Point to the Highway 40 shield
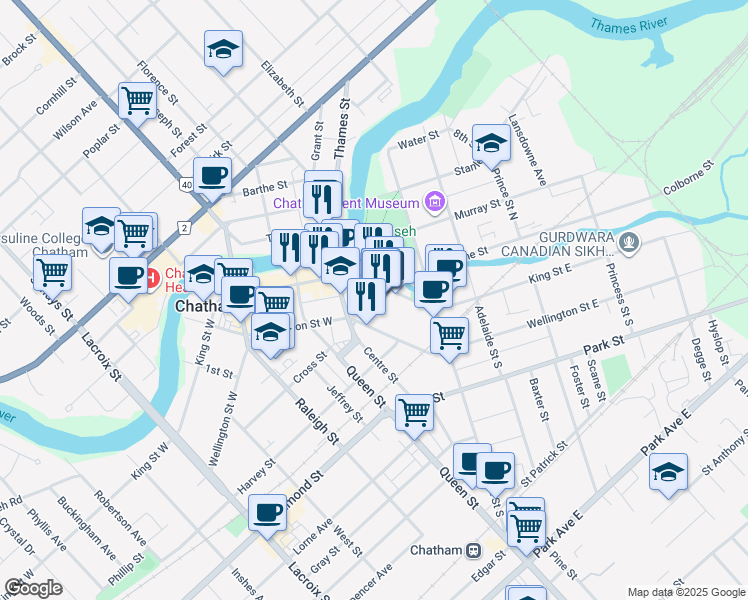click(x=187, y=185)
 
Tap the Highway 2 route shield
click(x=184, y=227)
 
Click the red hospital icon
click(x=152, y=276)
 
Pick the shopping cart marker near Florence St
click(x=137, y=99)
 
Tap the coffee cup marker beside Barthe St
click(x=212, y=176)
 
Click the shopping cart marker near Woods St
click(x=52, y=270)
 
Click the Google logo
click(x=33, y=588)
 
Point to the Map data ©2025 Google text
click(x=685, y=592)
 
